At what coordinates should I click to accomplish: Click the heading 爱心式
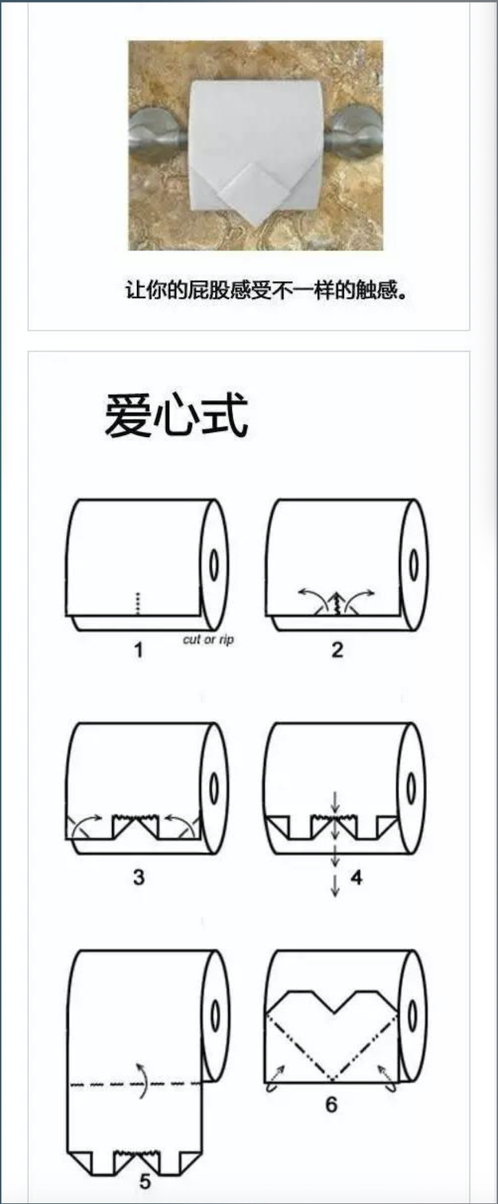176,416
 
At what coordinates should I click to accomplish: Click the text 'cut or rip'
208,639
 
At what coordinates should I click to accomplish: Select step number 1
138,649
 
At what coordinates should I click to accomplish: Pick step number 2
337,649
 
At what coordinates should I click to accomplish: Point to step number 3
139,877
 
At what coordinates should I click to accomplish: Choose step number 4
356,878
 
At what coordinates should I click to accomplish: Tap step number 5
145,1182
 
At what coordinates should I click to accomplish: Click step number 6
332,1104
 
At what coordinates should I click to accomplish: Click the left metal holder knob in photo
155,135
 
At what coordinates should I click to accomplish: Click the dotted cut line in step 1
138,603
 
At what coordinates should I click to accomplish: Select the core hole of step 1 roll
214,565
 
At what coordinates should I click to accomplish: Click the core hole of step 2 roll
413,565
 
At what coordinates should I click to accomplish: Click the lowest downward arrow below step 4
336,887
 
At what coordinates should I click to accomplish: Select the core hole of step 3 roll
214,788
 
